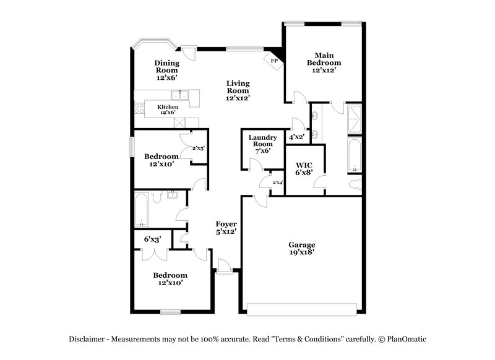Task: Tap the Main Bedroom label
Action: point(325,62)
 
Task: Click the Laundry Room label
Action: point(262,144)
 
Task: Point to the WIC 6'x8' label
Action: point(304,168)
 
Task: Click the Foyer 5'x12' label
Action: point(226,228)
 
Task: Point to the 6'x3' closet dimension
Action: point(153,239)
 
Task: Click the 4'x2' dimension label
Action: point(297,137)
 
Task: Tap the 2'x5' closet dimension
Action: point(198,148)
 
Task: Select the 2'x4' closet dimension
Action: point(278,182)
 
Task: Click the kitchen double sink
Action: point(180,95)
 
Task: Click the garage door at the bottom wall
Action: point(302,307)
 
